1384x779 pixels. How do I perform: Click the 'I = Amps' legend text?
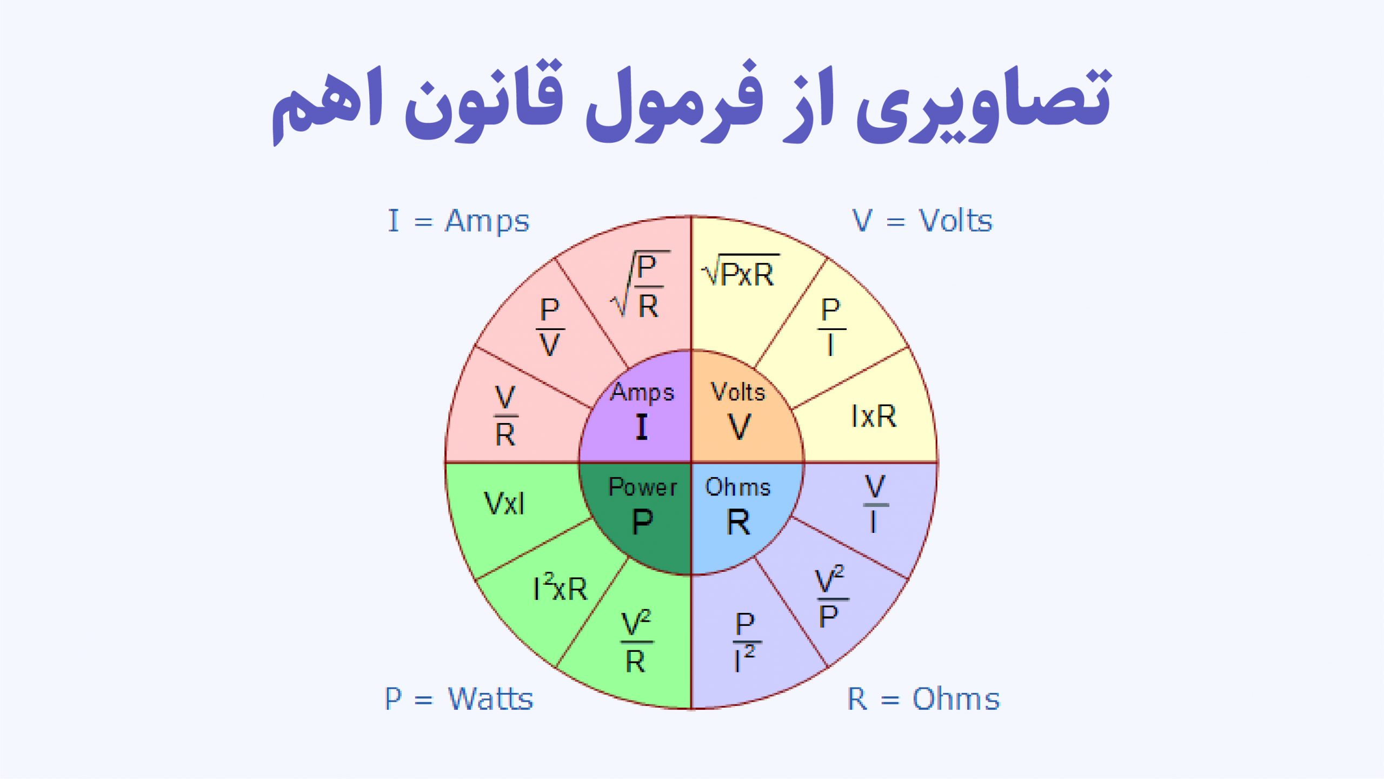458,221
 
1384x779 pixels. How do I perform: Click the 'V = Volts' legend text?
922,221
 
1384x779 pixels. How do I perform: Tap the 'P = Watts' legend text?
458,698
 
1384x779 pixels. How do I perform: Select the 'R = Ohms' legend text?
923,698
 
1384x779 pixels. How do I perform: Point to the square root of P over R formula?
641,286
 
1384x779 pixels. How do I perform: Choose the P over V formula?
550,327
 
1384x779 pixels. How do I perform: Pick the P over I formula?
831,327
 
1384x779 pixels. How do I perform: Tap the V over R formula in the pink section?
505,415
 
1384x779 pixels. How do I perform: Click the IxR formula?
873,416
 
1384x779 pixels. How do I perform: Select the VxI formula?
504,503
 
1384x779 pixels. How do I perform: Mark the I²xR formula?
560,587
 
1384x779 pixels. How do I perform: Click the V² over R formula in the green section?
636,642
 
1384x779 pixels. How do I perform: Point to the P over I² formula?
746,642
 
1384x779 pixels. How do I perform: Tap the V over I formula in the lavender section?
875,504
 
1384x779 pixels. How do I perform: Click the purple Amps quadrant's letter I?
642,427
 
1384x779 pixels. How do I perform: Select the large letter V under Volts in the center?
739,427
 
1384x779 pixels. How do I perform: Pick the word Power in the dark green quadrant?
642,487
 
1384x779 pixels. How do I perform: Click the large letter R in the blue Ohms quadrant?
738,523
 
